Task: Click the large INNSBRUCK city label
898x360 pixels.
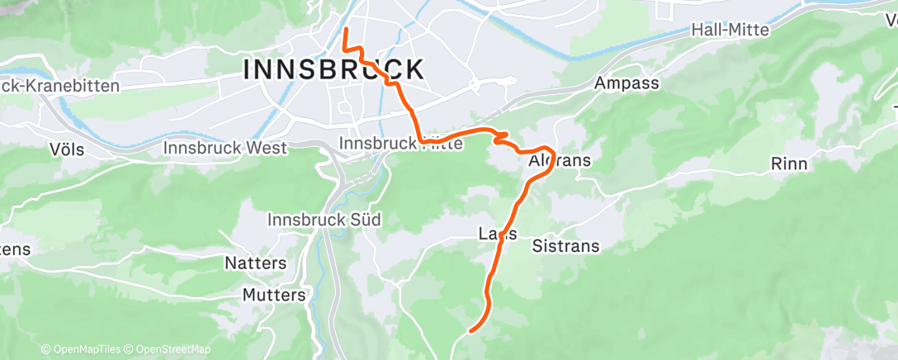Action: [x=334, y=69]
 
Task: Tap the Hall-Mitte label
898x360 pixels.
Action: [x=730, y=30]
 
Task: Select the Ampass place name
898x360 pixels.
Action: [x=626, y=83]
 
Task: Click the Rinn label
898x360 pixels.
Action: [x=788, y=163]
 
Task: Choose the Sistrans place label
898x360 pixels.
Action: [x=565, y=246]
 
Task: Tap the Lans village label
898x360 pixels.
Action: [x=498, y=234]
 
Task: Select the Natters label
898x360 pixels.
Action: [x=256, y=263]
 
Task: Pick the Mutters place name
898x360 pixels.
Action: [x=274, y=295]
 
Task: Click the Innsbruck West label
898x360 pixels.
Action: [x=225, y=148]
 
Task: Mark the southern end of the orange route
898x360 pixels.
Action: [x=471, y=331]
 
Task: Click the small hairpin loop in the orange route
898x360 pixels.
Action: [x=500, y=136]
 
